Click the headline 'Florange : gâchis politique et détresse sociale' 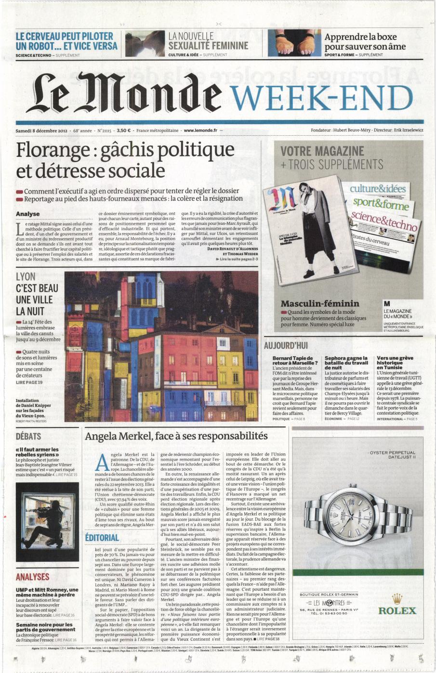(125, 160)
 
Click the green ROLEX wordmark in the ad (397, 610)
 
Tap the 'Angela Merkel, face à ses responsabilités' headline (176, 436)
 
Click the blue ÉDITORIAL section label (102, 538)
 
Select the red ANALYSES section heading (33, 577)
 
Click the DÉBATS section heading (28, 436)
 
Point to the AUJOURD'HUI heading (286, 345)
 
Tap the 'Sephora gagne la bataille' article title (346, 362)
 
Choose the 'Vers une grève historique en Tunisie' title (395, 362)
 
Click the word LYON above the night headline (26, 277)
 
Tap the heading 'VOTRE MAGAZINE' (322, 151)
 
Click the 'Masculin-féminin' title (319, 303)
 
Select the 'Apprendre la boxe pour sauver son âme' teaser (365, 41)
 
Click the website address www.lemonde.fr (201, 130)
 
